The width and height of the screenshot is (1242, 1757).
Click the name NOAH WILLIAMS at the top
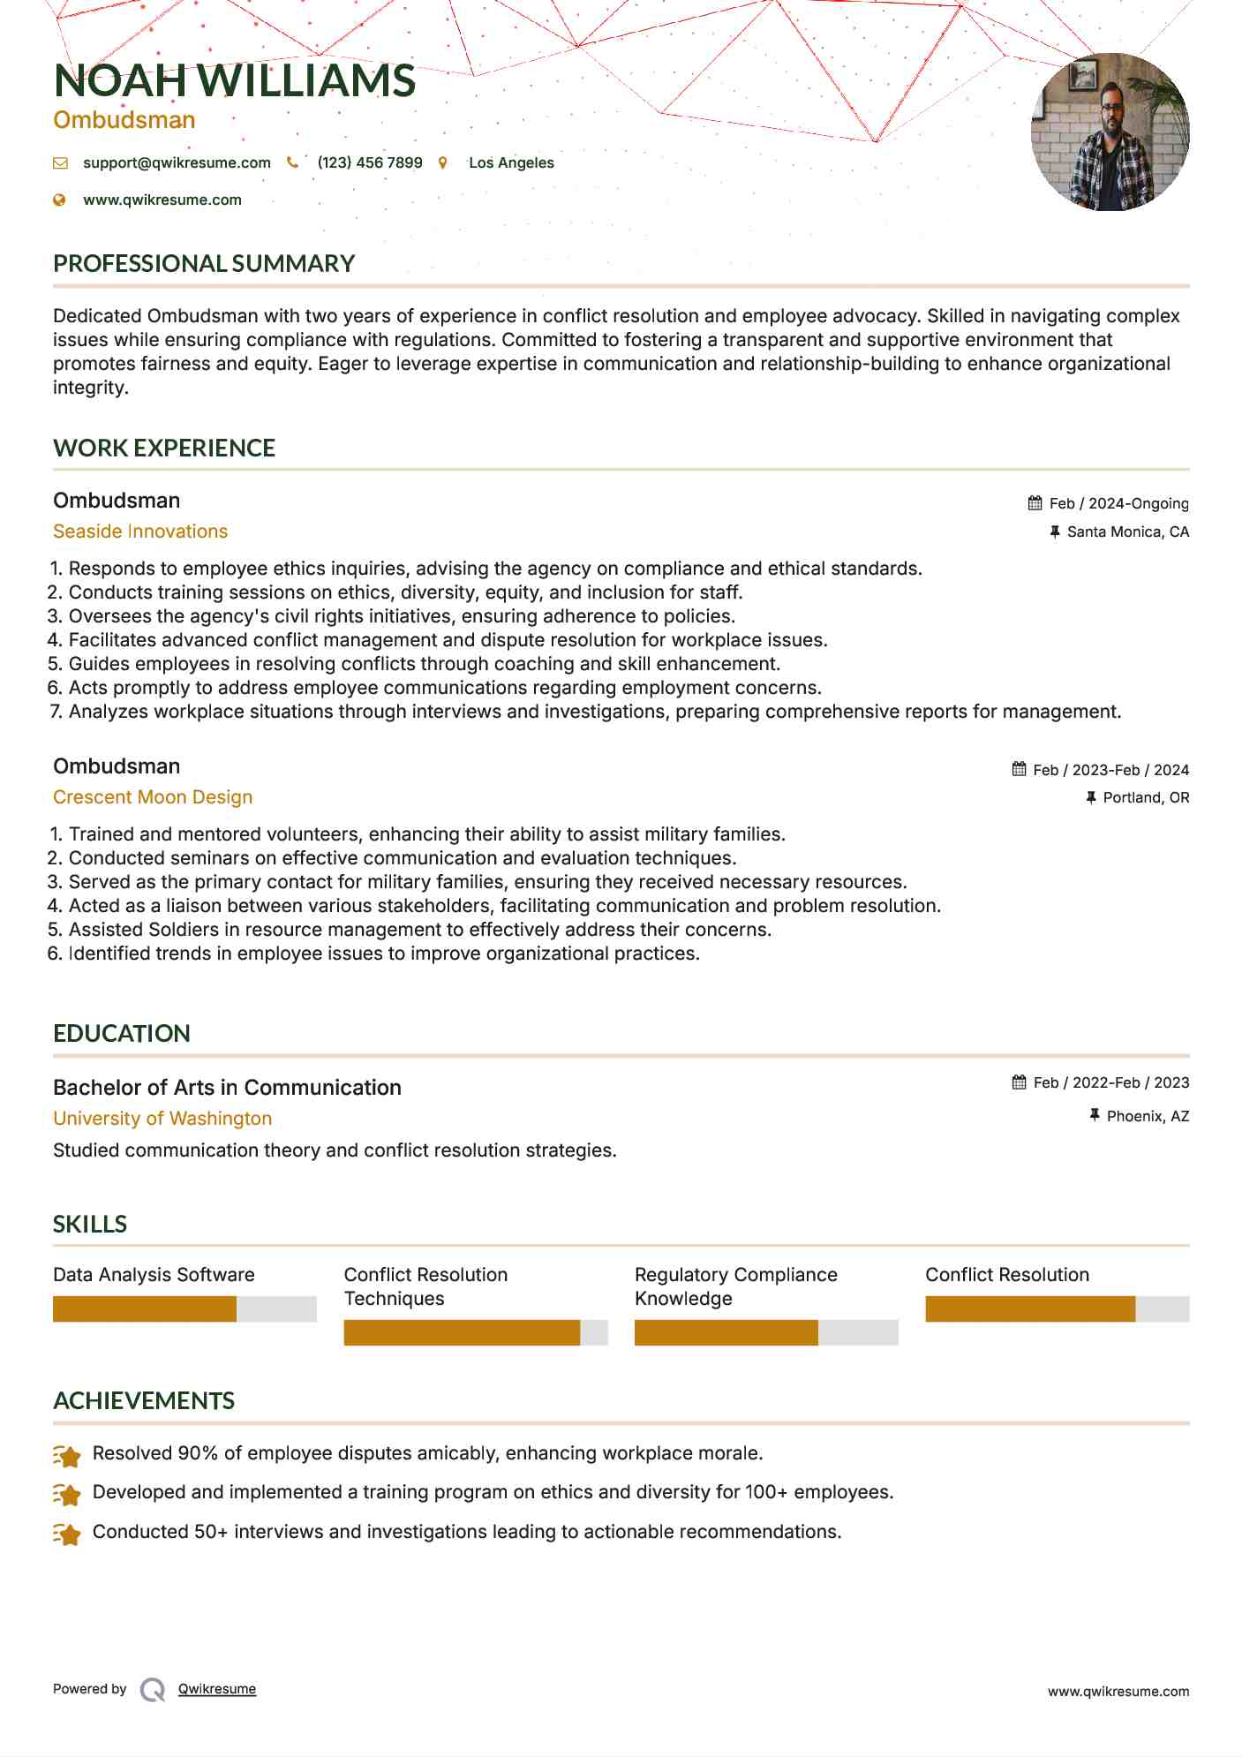(x=234, y=81)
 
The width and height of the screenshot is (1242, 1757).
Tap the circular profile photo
(x=1110, y=132)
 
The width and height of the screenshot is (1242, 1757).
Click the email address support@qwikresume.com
(x=177, y=162)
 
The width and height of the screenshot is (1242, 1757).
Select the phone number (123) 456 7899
(x=370, y=162)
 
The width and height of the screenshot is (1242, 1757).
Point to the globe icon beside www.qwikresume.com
(x=60, y=200)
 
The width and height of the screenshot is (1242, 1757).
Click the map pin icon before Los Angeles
(x=443, y=162)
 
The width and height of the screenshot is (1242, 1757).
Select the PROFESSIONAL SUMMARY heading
(x=204, y=264)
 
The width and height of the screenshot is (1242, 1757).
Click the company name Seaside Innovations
(x=140, y=532)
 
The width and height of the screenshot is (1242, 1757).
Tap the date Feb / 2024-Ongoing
(x=1118, y=503)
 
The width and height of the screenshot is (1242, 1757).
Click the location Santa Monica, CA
(x=1127, y=532)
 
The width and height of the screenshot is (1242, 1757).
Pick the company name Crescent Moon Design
(x=153, y=797)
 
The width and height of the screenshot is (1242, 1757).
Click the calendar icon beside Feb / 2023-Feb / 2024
(x=1020, y=769)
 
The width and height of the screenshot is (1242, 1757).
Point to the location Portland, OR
(x=1146, y=797)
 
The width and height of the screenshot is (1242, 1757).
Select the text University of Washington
(x=162, y=1119)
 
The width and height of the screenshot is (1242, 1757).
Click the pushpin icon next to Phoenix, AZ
(x=1095, y=1115)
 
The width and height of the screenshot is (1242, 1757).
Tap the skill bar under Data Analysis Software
(x=184, y=1308)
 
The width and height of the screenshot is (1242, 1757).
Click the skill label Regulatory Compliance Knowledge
(x=735, y=1286)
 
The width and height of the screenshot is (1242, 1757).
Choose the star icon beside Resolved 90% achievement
(x=67, y=1455)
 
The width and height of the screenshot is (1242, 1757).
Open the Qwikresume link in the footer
(x=217, y=1689)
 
